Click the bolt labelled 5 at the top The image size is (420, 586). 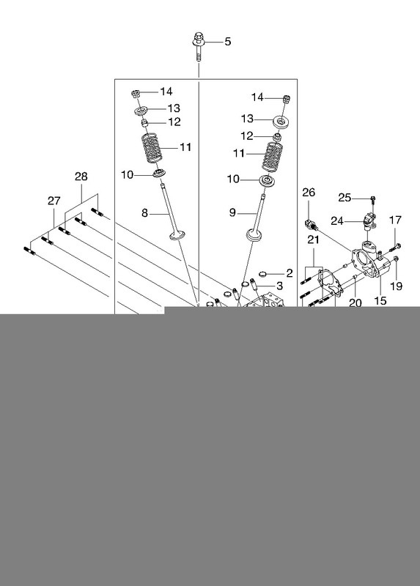click(x=199, y=47)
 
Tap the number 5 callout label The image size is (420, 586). click(x=228, y=42)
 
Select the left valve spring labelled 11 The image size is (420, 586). click(x=151, y=149)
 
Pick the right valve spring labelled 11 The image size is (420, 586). click(x=272, y=157)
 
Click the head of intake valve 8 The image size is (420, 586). click(x=177, y=235)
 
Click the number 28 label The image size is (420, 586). click(x=81, y=177)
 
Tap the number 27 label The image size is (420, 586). click(x=54, y=201)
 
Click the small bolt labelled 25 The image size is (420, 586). click(x=372, y=199)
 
